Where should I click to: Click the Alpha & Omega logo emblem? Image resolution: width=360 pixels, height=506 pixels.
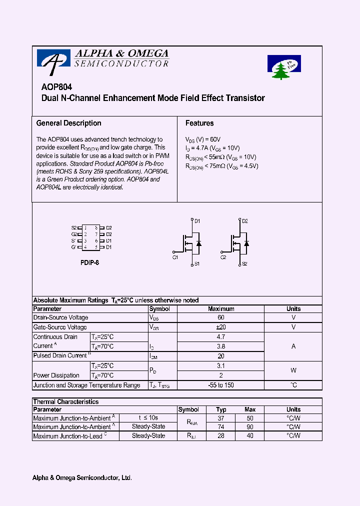tap(53, 60)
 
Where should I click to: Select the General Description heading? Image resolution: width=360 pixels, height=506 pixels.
tap(69, 123)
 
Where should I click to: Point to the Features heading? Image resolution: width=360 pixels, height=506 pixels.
tap(199, 123)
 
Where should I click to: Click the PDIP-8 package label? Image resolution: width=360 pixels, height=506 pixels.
tap(89, 262)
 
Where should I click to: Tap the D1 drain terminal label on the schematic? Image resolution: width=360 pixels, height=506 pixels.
tap(197, 221)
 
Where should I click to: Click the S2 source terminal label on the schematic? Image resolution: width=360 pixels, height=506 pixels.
tap(244, 263)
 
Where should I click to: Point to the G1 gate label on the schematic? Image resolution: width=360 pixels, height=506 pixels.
tap(175, 257)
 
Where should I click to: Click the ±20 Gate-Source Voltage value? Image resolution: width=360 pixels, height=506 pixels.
tap(221, 327)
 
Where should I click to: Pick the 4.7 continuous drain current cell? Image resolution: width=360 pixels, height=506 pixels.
tap(221, 337)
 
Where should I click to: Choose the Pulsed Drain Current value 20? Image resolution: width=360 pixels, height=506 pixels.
tap(221, 356)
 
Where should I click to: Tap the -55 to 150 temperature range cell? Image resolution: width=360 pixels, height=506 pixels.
tap(221, 385)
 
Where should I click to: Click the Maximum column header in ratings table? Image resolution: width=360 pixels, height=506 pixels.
tap(221, 309)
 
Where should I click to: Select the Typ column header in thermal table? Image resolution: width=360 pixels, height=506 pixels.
tap(221, 409)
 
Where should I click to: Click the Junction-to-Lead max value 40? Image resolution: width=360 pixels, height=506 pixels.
tap(250, 436)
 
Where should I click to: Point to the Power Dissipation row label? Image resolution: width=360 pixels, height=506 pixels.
tap(56, 375)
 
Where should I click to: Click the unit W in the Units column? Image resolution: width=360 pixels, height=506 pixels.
tap(293, 370)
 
